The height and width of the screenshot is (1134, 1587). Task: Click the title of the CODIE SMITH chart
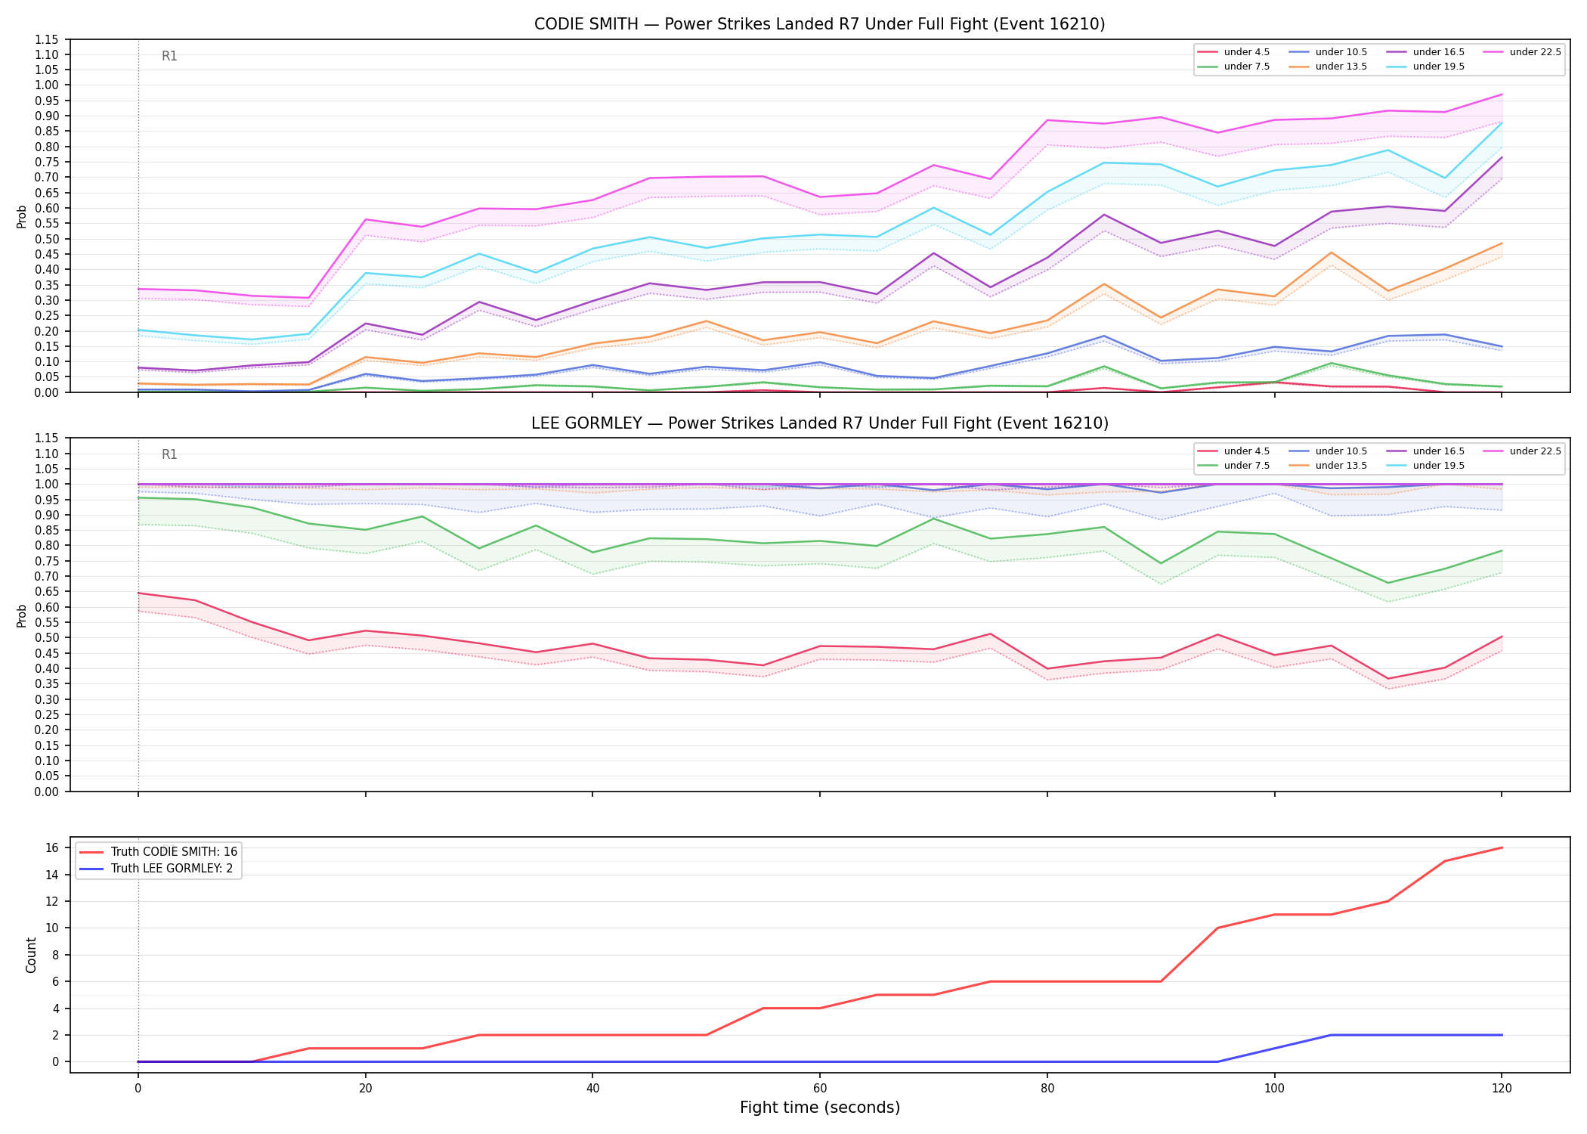click(819, 24)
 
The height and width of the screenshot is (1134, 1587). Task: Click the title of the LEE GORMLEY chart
click(819, 423)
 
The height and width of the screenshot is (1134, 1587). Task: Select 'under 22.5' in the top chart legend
click(1535, 52)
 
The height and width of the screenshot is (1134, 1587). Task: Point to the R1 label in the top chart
click(169, 56)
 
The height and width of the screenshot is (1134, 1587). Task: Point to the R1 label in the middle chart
click(169, 454)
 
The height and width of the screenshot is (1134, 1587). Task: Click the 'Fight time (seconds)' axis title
click(820, 1108)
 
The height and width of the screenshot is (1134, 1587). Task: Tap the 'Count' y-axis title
click(31, 955)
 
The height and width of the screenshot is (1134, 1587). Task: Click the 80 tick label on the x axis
click(1047, 1089)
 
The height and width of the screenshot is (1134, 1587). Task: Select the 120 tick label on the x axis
click(1502, 1089)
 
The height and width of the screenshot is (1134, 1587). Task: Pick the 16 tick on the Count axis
click(53, 847)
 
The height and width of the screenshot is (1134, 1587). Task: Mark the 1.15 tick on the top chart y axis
click(47, 39)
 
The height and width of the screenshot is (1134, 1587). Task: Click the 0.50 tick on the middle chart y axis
click(47, 637)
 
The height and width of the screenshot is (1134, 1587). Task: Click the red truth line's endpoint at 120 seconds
click(1502, 847)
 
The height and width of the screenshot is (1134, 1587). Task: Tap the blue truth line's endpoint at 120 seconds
click(1502, 1035)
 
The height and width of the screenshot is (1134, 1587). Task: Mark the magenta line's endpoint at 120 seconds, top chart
click(1502, 94)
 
